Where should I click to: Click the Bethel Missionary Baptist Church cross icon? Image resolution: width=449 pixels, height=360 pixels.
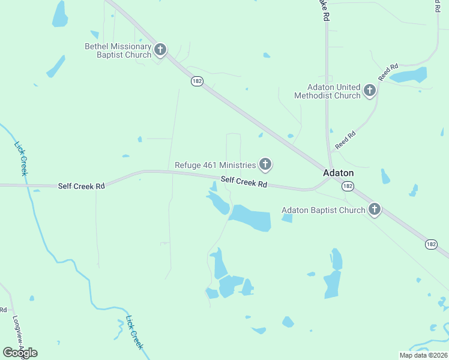(x=160, y=50)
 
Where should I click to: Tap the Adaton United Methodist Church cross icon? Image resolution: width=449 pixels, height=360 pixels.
(x=370, y=91)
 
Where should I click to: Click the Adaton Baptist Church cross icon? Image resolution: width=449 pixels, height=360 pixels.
(x=375, y=209)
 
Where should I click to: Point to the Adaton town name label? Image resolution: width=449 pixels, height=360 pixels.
(x=339, y=173)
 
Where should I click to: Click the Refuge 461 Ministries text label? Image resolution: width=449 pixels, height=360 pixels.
(x=215, y=165)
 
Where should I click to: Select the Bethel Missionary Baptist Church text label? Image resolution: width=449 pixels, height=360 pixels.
(x=118, y=50)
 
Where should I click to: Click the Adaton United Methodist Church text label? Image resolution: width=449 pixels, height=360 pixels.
(x=327, y=91)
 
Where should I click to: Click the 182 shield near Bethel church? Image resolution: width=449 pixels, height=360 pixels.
(x=197, y=81)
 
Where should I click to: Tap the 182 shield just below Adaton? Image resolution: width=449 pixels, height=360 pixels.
(x=348, y=187)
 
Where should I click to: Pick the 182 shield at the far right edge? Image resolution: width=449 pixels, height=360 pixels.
(x=431, y=244)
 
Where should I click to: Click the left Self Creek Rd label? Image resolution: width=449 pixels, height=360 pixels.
(x=81, y=186)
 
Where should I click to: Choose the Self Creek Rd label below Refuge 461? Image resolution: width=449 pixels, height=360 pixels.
(x=243, y=181)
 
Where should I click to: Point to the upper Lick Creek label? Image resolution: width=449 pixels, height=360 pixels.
(x=20, y=158)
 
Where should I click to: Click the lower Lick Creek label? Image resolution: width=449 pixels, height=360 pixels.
(x=134, y=332)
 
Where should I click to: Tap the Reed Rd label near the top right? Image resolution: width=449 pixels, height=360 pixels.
(x=388, y=72)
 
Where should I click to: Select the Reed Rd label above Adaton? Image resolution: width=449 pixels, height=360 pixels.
(x=345, y=141)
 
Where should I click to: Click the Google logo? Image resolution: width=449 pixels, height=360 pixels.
(x=20, y=353)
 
